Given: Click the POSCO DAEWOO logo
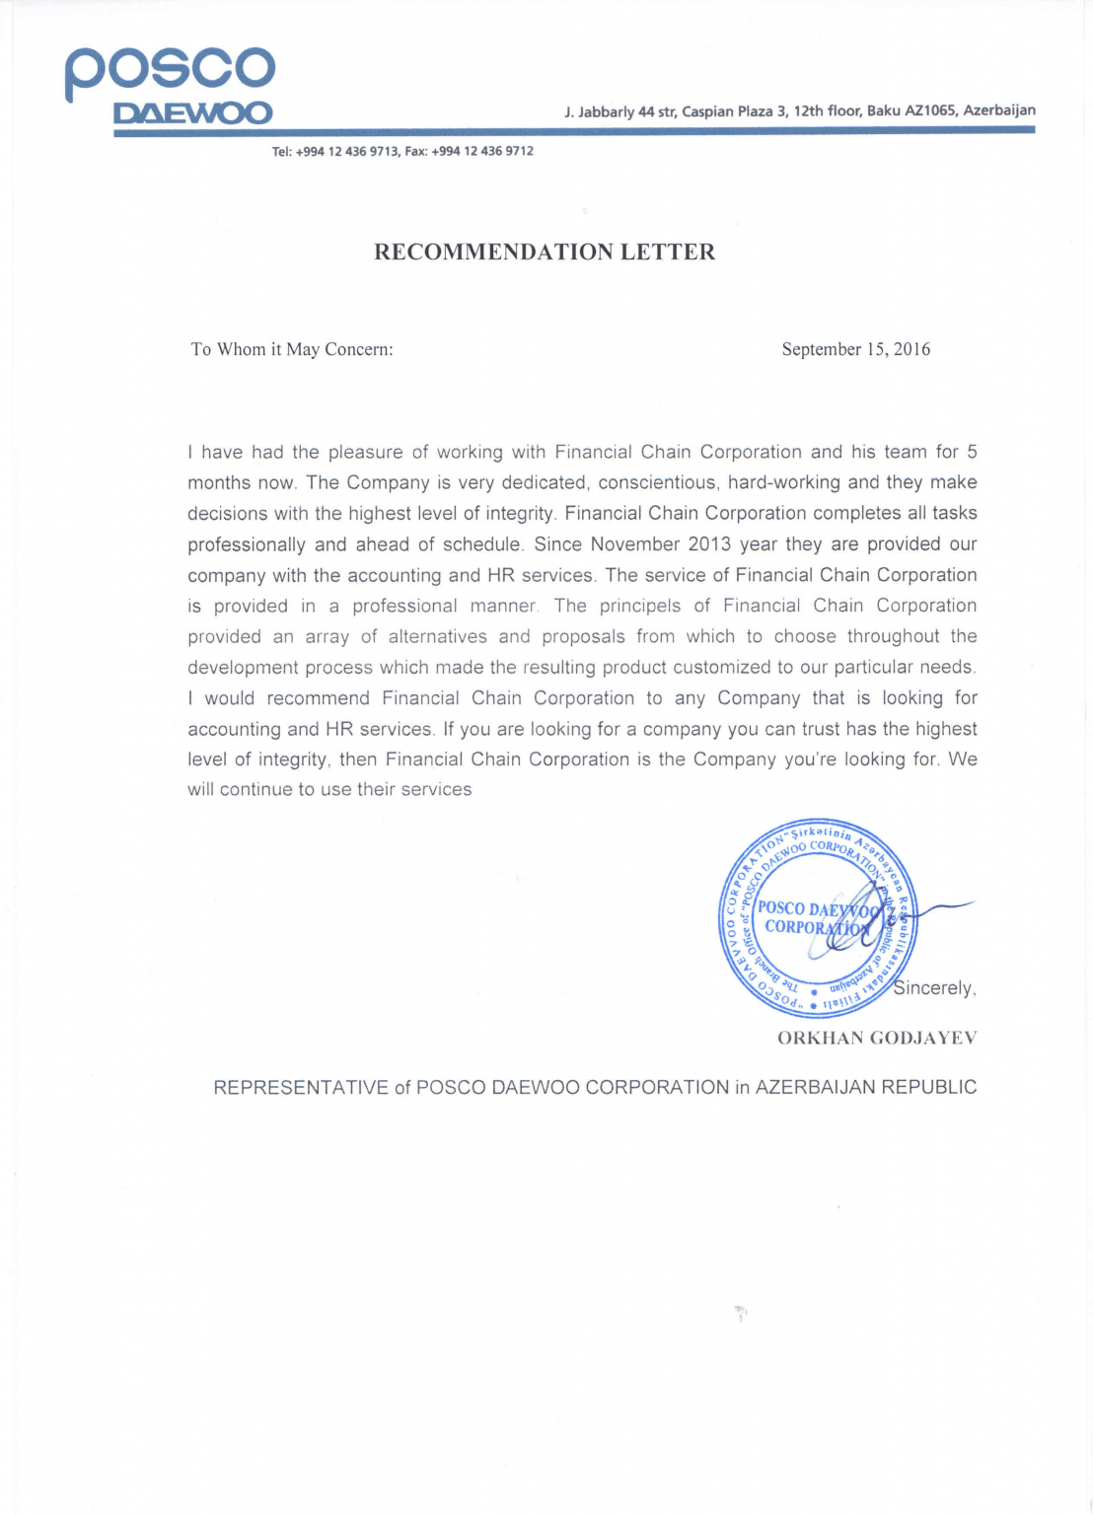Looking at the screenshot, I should click(x=170, y=87).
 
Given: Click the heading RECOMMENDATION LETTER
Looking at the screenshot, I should click(x=545, y=252).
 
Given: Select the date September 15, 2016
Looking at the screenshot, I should click(x=855, y=349).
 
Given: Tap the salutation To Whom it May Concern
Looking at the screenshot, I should click(x=292, y=349).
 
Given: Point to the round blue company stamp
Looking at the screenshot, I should click(x=818, y=918).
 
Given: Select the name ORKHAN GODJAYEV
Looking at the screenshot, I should click(x=877, y=1038).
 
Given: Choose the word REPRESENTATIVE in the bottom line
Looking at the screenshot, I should click(x=301, y=1087).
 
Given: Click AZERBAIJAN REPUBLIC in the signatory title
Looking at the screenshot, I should click(x=866, y=1087).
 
